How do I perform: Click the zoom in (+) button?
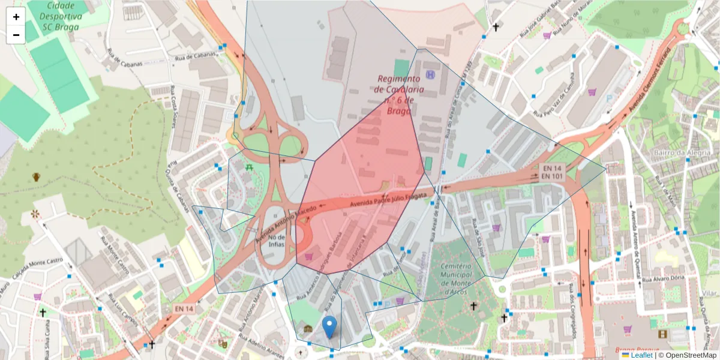[16, 17]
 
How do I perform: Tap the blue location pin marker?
[329, 328]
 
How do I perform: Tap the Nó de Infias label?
[273, 241]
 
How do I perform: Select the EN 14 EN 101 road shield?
[550, 172]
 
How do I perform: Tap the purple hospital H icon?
[430, 74]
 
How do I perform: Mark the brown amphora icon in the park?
[36, 177]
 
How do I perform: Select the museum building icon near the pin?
[308, 329]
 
